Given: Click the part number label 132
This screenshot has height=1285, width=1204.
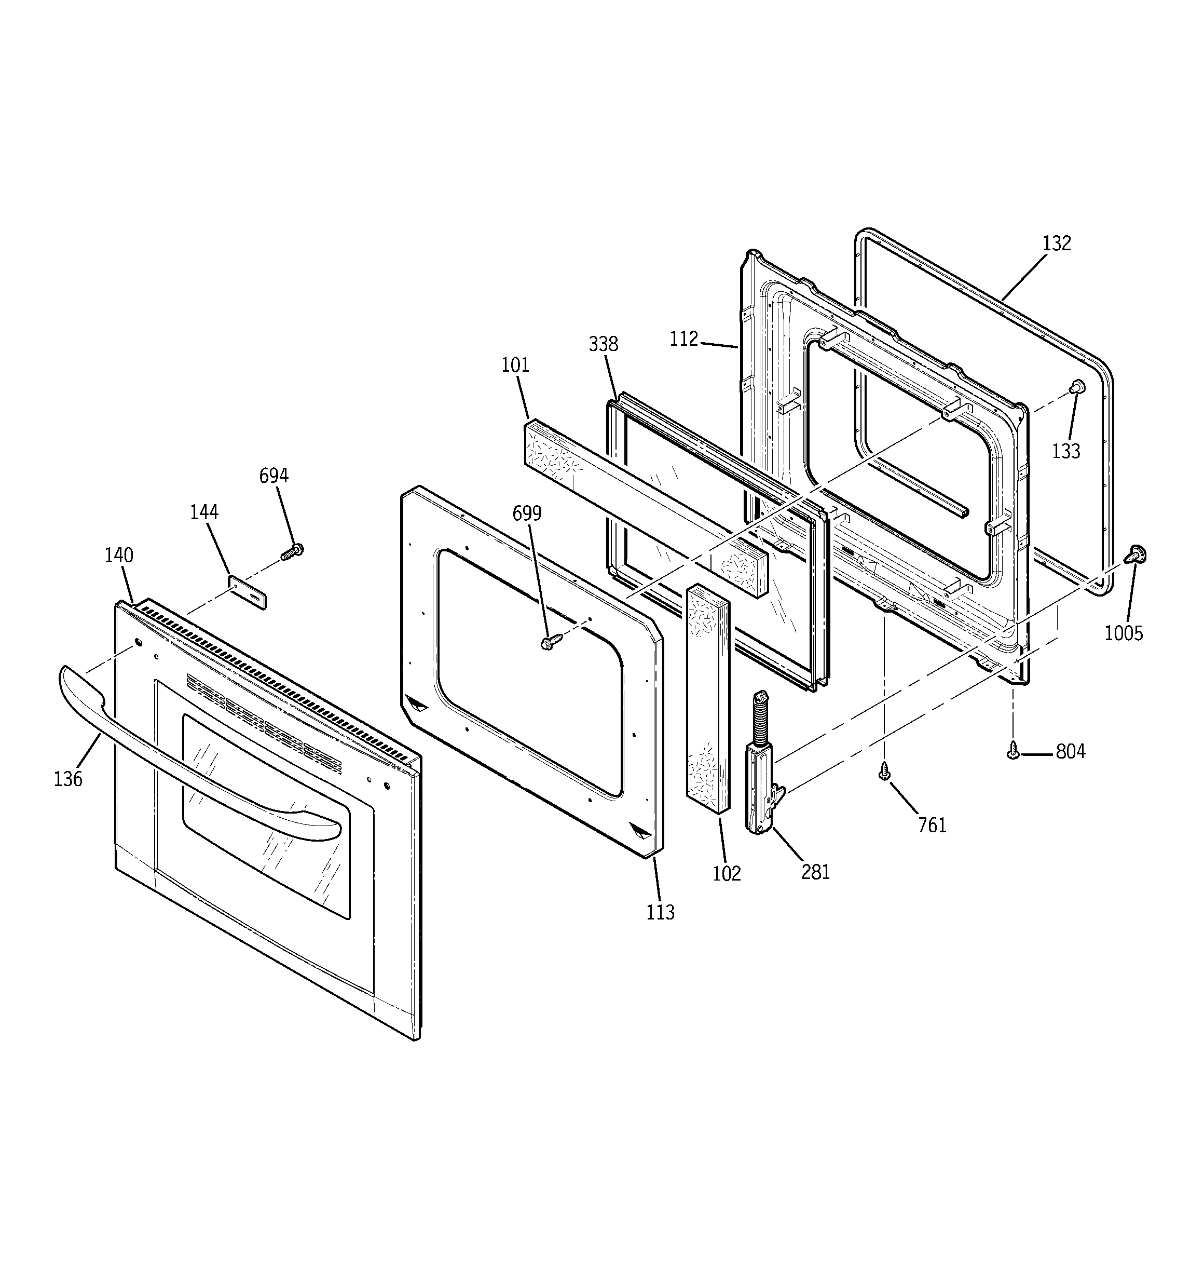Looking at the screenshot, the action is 1057,244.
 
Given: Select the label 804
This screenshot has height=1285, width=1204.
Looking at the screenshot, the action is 1071,752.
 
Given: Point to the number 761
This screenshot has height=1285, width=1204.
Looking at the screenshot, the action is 933,826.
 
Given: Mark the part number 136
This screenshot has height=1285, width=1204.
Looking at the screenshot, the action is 68,779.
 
